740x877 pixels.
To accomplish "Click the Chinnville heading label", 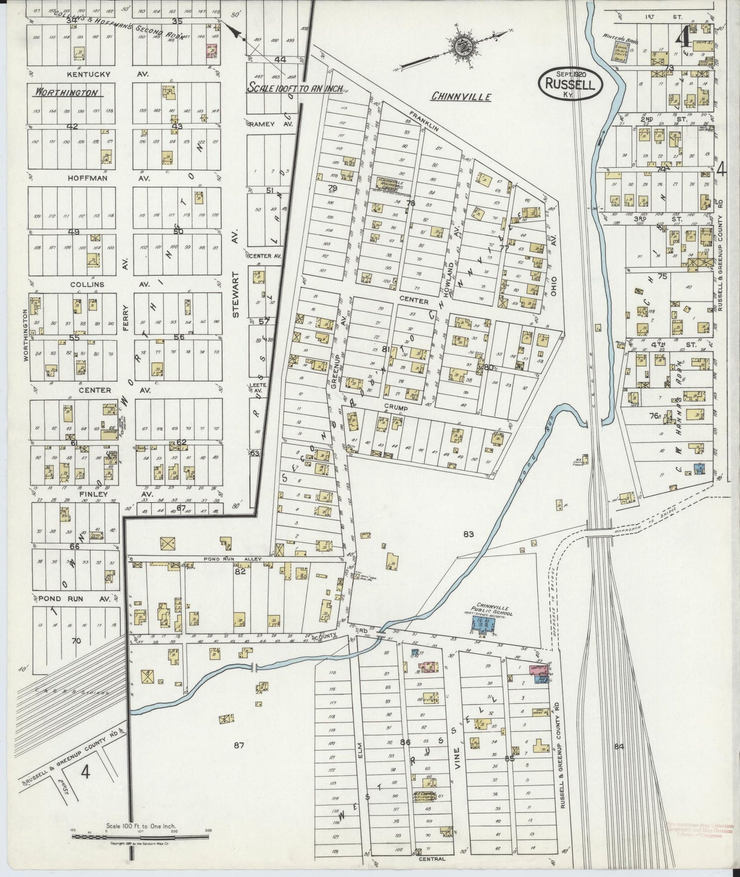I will coord(461,96).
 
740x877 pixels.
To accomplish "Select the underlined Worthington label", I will coord(66,93).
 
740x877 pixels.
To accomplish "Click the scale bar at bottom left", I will coord(139,837).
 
